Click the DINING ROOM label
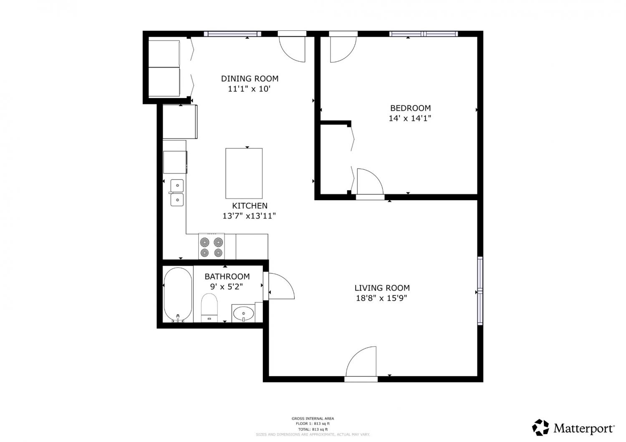tap(250, 79)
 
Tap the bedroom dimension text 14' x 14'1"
tap(410, 118)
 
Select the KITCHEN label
tap(250, 206)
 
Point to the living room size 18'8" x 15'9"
tap(381, 298)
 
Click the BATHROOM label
tap(227, 276)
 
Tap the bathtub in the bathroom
tap(178, 295)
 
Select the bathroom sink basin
tap(244, 314)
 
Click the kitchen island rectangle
tap(244, 173)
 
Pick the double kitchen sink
tap(177, 193)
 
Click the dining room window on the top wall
tap(232, 34)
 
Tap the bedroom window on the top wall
tap(424, 34)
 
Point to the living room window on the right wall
tap(480, 291)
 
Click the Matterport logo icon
tap(540, 427)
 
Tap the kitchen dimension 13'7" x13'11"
tap(249, 216)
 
